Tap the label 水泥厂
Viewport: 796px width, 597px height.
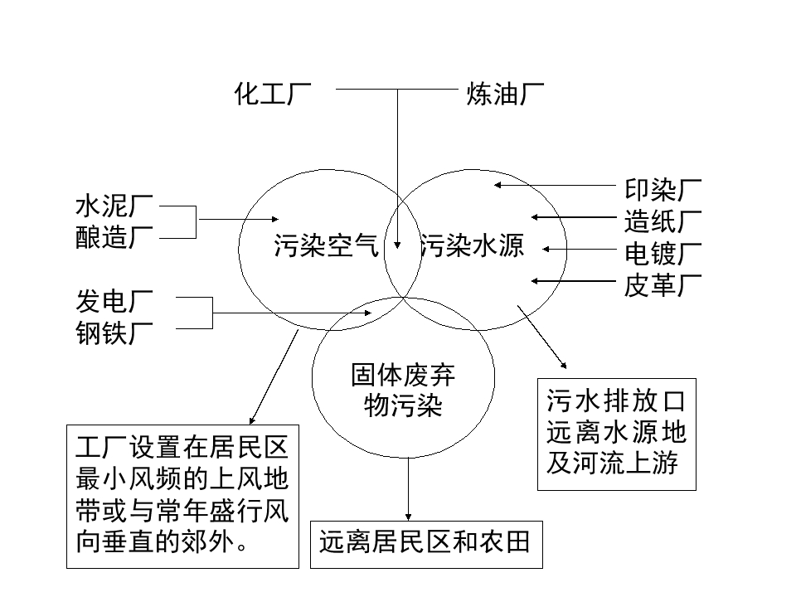[x=114, y=206]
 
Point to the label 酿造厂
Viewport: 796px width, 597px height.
[x=114, y=238]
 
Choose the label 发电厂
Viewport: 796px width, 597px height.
[x=114, y=301]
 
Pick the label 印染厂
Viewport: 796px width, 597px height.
[x=663, y=189]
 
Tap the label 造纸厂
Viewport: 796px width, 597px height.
[x=663, y=221]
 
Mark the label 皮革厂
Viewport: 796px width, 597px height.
[x=663, y=285]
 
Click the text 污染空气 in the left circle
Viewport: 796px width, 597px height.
[x=326, y=246]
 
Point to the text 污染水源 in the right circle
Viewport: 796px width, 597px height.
[x=473, y=246]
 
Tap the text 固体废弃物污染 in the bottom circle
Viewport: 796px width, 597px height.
[x=403, y=391]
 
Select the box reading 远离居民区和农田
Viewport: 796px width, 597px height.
[x=425, y=544]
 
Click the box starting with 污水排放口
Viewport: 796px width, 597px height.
[x=616, y=434]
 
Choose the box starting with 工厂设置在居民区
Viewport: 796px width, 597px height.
[x=182, y=496]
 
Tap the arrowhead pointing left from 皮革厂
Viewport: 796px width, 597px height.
[x=536, y=281]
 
